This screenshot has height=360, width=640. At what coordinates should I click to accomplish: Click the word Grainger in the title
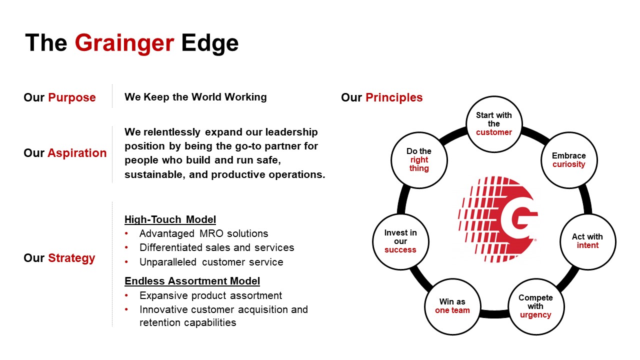[124, 43]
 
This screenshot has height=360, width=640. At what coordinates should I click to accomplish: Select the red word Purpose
[71, 97]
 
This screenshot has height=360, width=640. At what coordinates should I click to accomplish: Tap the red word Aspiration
[77, 153]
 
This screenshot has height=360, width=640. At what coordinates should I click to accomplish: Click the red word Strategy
[71, 258]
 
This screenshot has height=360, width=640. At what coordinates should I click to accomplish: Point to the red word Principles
[394, 97]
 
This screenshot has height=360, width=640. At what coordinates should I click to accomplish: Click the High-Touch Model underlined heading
[170, 219]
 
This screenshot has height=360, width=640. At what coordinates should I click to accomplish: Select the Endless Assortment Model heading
[192, 281]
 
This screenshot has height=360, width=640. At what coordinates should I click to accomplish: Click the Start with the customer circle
[494, 124]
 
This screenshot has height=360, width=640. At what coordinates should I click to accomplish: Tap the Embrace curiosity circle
[569, 160]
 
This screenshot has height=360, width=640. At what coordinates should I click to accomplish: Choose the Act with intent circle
[587, 241]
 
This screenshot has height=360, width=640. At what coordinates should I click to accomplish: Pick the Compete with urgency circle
[535, 306]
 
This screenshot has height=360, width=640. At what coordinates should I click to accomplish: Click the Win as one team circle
[452, 306]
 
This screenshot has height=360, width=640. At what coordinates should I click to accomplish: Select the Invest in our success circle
[400, 241]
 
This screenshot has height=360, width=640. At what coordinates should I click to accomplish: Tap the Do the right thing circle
[419, 160]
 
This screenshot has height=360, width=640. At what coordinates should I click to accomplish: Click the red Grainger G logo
[498, 219]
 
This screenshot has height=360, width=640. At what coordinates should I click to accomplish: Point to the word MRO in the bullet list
[211, 233]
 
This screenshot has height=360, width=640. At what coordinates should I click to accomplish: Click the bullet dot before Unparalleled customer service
[126, 261]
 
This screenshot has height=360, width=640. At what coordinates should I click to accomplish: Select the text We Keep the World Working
[195, 97]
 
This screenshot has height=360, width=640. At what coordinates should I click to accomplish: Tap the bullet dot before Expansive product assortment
[126, 295]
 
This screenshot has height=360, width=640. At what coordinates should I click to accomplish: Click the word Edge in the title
[210, 43]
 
